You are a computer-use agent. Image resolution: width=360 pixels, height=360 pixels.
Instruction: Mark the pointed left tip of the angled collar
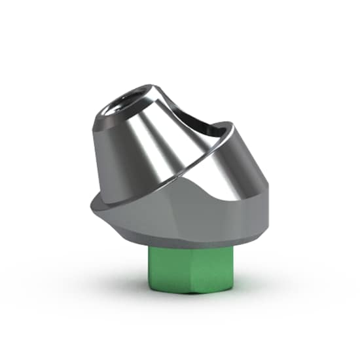pyautogui.click(x=90, y=204)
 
